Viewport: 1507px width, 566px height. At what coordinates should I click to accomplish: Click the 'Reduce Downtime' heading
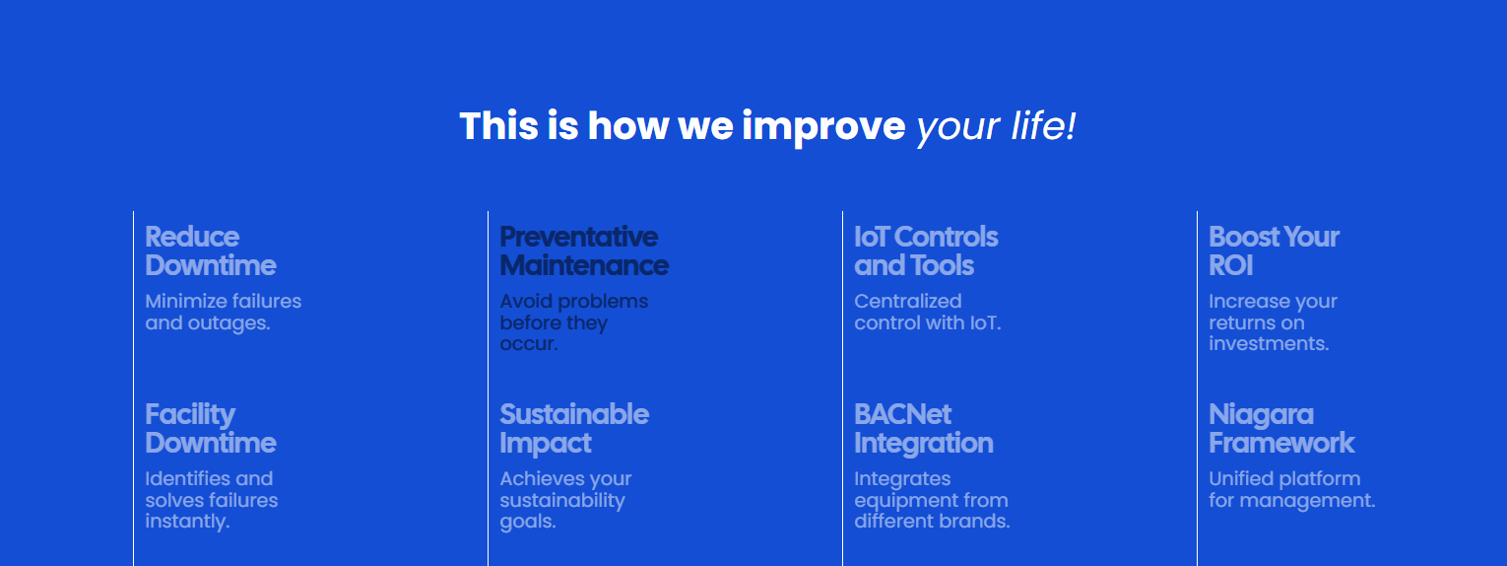tap(211, 250)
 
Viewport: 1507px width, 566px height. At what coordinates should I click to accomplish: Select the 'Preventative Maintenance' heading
tap(584, 250)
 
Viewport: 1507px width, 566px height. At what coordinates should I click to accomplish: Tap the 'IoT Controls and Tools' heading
tap(926, 250)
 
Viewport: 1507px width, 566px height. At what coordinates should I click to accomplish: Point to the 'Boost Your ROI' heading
tap(1274, 250)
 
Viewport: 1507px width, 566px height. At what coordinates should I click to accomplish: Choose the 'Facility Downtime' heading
tap(211, 429)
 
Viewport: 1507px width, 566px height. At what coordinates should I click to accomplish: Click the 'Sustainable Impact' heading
tap(574, 429)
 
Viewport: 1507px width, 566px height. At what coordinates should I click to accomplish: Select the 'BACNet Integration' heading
tap(924, 429)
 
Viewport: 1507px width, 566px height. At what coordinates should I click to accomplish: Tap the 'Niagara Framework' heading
tap(1281, 429)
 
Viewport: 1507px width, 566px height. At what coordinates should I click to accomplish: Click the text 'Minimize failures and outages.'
tap(224, 312)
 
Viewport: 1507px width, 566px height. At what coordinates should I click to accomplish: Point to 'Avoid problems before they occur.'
tap(574, 322)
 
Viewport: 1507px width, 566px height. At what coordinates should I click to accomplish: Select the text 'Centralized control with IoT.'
tap(928, 312)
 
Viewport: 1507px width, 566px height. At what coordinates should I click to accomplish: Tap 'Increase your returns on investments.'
tap(1273, 322)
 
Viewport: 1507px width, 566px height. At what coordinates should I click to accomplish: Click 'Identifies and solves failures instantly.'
tap(211, 500)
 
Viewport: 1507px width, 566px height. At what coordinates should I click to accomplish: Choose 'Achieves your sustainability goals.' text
tap(565, 500)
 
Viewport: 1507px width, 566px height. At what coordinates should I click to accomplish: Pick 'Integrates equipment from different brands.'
tap(932, 500)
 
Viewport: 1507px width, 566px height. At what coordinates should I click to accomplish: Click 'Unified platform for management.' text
tap(1291, 489)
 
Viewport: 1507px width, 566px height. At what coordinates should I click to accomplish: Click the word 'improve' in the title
tap(824, 126)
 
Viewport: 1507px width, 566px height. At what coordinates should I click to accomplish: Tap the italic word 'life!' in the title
tap(1043, 126)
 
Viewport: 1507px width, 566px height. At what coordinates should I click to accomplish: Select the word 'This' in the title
tap(499, 126)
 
